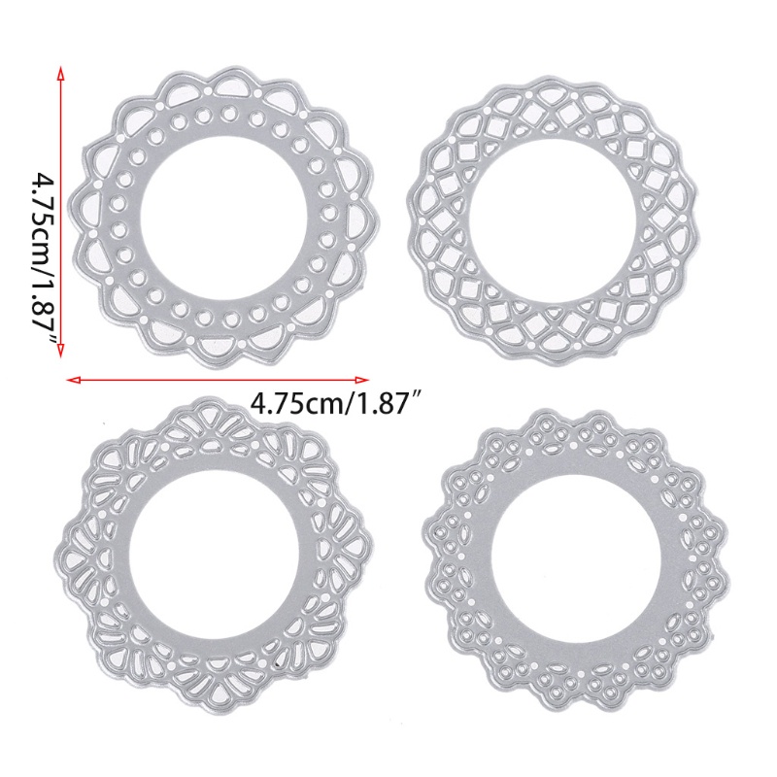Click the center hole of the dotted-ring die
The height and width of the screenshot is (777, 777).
(x=225, y=217)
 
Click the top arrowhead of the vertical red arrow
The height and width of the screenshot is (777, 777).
(x=60, y=72)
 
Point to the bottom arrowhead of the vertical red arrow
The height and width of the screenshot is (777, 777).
(x=60, y=349)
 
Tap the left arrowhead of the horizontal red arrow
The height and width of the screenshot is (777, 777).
(x=75, y=380)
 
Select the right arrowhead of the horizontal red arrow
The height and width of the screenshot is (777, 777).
(x=360, y=380)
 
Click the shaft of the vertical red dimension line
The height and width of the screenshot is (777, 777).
(x=60, y=211)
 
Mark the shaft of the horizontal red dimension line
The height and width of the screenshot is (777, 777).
(x=218, y=380)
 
